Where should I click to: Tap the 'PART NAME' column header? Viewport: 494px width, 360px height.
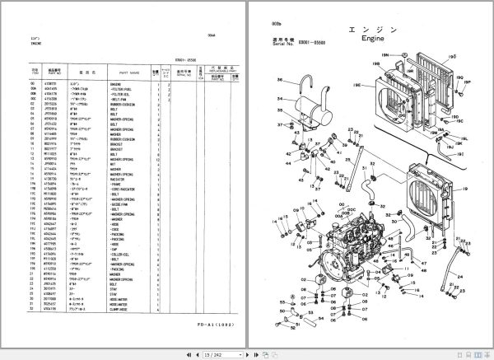click(129, 72)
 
